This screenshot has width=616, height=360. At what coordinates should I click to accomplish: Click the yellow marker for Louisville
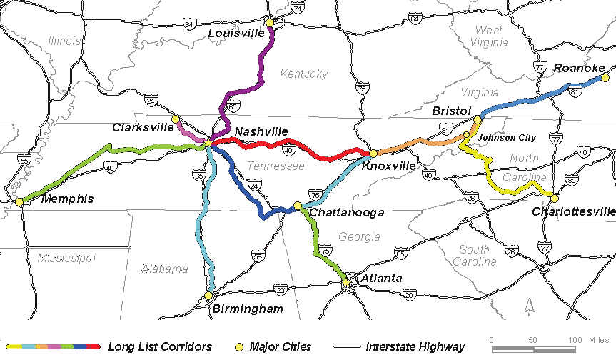tap(270, 23)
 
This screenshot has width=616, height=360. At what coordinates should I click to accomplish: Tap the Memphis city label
tap(67, 199)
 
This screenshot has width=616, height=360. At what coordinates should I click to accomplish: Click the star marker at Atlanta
tap(347, 284)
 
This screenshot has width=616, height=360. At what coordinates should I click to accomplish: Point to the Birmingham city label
tap(248, 309)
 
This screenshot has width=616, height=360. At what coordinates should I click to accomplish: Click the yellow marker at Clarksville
tap(175, 119)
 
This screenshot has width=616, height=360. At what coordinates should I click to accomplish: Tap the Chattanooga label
tap(347, 212)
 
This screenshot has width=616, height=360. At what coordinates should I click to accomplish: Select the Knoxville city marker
tap(373, 154)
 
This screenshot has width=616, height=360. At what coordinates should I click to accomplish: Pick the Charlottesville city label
tap(573, 211)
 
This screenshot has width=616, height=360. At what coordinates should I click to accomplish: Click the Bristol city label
tap(452, 111)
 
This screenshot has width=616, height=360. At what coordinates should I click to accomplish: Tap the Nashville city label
tap(261, 131)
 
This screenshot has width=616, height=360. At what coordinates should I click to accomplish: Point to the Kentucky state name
tap(303, 74)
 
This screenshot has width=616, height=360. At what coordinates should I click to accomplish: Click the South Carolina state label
tap(474, 256)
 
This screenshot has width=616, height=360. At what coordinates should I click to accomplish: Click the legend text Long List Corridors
tap(160, 347)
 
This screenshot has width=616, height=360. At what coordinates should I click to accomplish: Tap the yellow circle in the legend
tap(240, 347)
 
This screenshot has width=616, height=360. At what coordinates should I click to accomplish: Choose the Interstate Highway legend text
tap(415, 347)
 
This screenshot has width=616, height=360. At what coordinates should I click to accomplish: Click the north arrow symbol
tap(529, 306)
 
